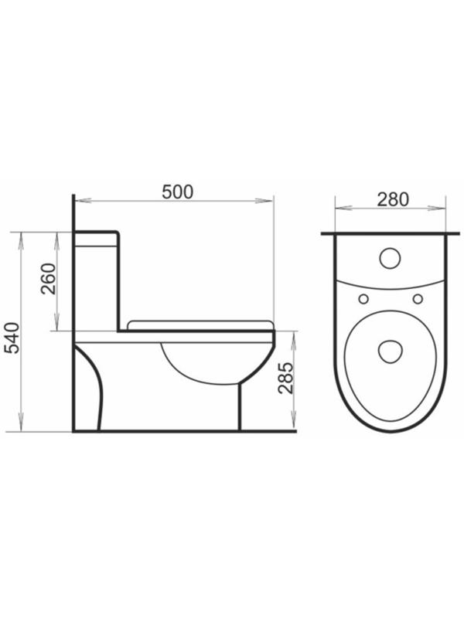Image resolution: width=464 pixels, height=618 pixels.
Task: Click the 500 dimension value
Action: pyautogui.click(x=177, y=192)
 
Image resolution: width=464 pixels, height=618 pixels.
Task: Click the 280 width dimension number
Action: pyautogui.click(x=392, y=198)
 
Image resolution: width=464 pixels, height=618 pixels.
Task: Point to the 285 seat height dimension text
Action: pyautogui.click(x=285, y=379)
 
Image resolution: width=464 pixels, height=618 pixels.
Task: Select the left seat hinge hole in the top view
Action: pyautogui.click(x=362, y=299)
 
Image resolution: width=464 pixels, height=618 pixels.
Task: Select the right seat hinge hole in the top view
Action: pyautogui.click(x=418, y=299)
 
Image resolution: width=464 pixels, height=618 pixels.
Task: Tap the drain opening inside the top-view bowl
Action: pyautogui.click(x=390, y=351)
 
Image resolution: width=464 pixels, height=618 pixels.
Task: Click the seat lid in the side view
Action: pyautogui.click(x=201, y=324)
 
